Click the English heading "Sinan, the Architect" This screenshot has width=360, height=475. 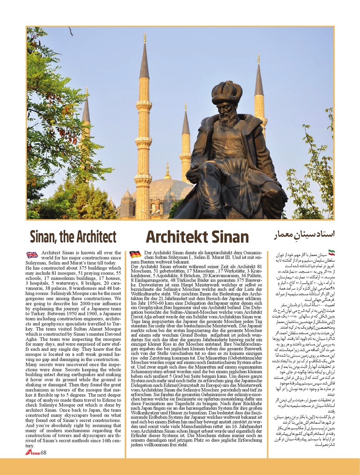point(73,236)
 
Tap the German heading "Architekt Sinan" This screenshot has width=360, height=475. point(197,237)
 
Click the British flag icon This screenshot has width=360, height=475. point(32,255)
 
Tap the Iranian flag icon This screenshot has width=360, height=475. point(332,253)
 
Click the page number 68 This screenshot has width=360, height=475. point(44,452)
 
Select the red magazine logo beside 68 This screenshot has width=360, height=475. point(32,452)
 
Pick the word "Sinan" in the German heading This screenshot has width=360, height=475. point(230,237)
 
